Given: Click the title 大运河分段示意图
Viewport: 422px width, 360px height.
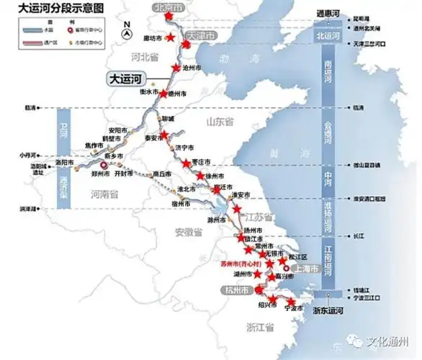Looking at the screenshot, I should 52,9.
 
